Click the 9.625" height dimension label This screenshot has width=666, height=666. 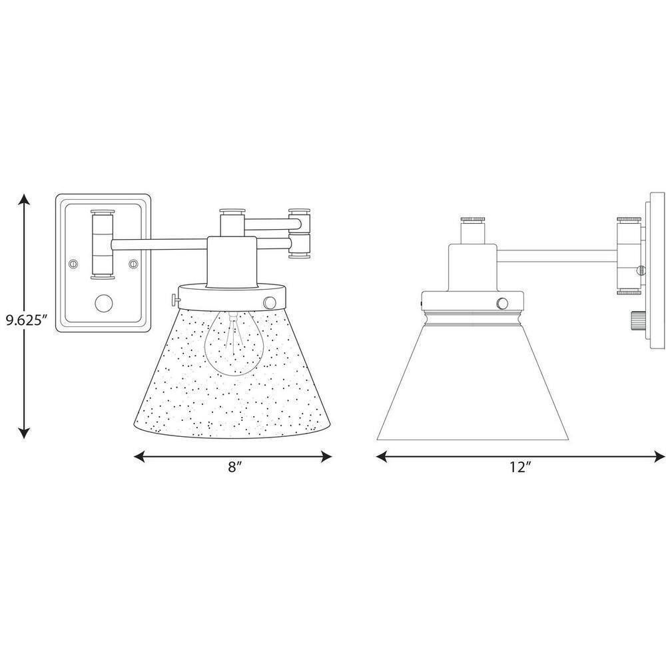click(25, 320)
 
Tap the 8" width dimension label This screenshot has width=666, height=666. click(234, 467)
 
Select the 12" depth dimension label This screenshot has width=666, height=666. click(521, 467)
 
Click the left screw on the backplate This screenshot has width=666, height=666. click(73, 264)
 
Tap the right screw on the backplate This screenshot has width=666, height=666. click(133, 264)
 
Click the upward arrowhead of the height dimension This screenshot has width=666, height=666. click(25, 200)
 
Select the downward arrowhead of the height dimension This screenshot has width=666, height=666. click(25, 432)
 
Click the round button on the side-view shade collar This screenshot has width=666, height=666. click(502, 303)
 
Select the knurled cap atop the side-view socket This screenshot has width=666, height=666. click(473, 220)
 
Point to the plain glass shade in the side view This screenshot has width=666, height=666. click(473, 382)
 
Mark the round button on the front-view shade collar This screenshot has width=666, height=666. click(269, 302)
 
